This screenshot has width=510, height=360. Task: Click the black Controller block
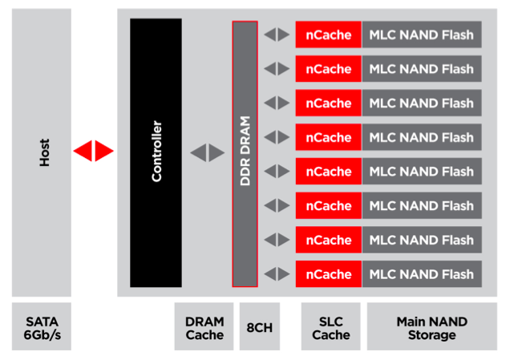[156, 152]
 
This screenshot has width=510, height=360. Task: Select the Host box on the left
[42, 152]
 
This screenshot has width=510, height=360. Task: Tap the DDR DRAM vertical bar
[245, 153]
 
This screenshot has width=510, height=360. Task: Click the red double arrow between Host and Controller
[94, 151]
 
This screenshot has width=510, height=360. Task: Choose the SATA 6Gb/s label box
[42, 326]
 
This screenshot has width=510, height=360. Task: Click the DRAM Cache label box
[204, 326]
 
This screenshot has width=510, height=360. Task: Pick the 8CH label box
[260, 326]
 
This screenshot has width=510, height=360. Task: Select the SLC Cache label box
[331, 326]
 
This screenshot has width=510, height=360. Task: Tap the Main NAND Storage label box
[431, 326]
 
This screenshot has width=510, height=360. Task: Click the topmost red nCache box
[329, 34]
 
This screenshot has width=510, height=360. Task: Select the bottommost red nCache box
[329, 274]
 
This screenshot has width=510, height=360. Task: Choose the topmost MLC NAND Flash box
[421, 34]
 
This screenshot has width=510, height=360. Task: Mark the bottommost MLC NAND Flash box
[421, 274]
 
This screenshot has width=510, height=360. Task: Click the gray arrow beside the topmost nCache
[277, 34]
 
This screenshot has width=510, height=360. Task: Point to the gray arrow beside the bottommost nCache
[277, 274]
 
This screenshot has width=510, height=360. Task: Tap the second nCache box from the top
[329, 69]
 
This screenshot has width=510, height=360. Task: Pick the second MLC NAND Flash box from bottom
[421, 240]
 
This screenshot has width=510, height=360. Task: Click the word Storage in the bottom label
[431, 334]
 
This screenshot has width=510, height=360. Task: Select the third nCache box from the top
[329, 103]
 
